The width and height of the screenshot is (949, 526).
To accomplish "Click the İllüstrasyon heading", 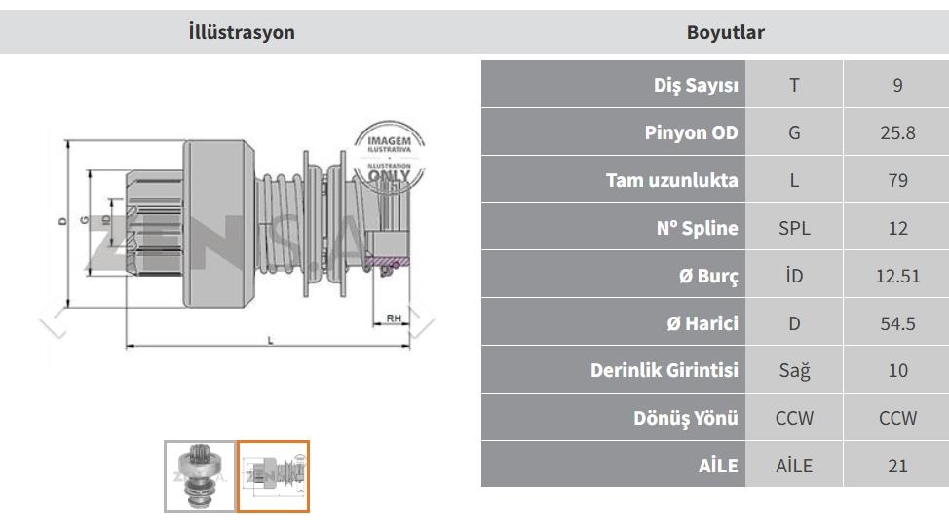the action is [x=242, y=32].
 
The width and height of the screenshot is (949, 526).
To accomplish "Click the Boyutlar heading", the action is [x=725, y=32].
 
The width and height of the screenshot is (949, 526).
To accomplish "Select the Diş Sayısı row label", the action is [x=696, y=85].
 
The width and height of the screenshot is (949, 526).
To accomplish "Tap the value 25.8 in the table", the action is [x=897, y=132].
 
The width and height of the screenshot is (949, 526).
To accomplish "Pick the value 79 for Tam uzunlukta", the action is [x=897, y=180].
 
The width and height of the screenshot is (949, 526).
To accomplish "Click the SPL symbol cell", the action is [x=794, y=228].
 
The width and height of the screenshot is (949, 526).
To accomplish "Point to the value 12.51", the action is [x=897, y=276].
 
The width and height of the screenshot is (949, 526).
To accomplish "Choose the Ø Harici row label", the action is [x=702, y=323].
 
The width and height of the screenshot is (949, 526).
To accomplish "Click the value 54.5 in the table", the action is [x=897, y=323].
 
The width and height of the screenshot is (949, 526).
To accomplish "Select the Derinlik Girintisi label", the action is [x=664, y=370].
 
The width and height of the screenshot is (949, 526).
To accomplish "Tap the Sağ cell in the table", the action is [x=794, y=370].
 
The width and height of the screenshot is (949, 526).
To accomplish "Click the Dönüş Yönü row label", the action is [x=686, y=418].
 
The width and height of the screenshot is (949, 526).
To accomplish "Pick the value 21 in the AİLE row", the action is [x=897, y=466].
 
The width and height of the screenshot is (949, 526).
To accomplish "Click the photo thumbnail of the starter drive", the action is [x=200, y=477].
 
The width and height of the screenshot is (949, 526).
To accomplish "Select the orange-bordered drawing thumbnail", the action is [x=273, y=477].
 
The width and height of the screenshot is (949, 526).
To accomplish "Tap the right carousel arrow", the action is [x=422, y=318].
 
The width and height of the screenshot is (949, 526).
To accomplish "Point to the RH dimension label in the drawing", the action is [x=394, y=318].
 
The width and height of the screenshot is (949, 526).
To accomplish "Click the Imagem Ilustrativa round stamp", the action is [x=389, y=156].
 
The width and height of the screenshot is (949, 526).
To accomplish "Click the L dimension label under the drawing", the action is [x=270, y=341].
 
